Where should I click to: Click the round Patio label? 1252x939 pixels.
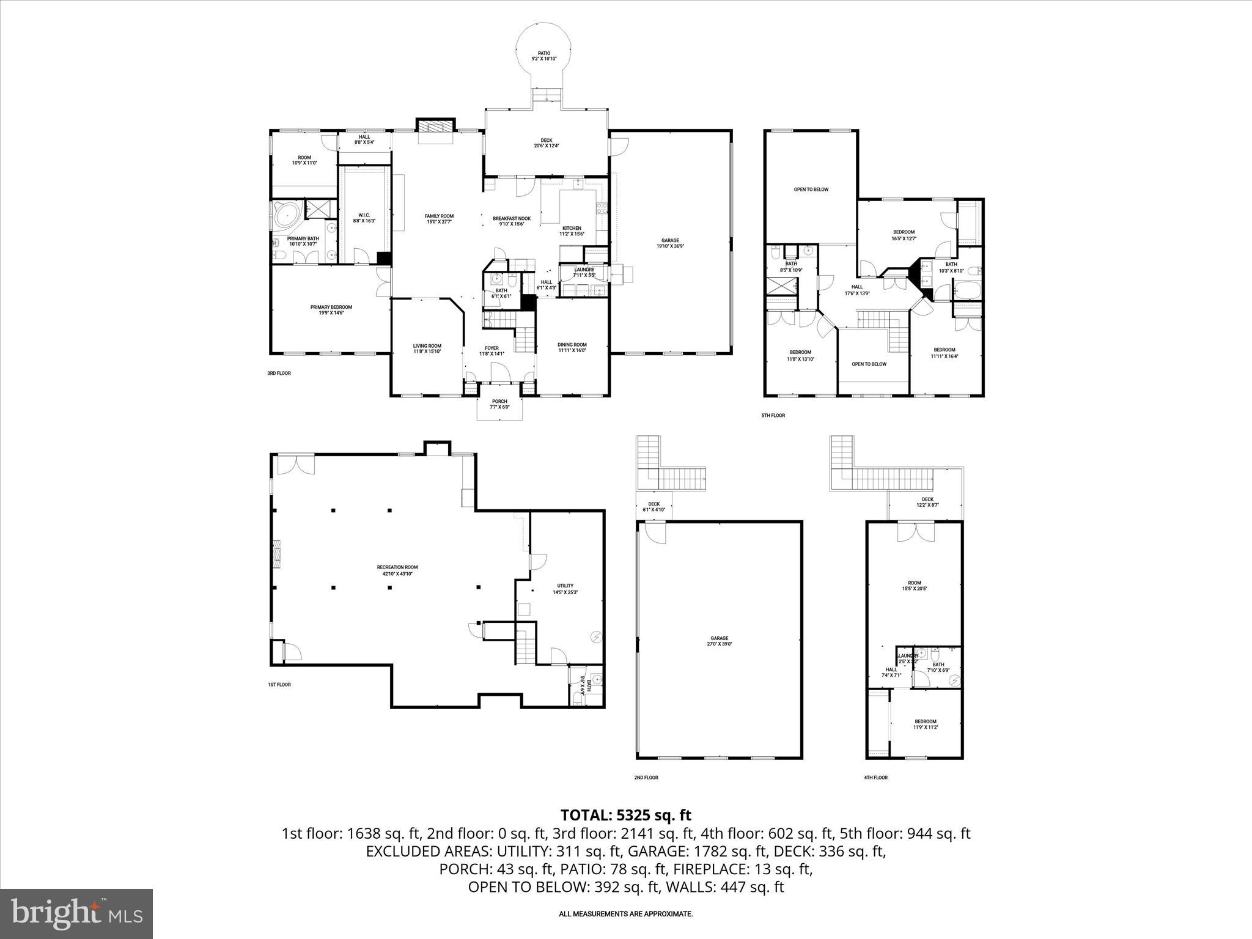click(543, 56)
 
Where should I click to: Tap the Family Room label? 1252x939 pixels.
click(440, 219)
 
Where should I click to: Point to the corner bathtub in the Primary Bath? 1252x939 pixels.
click(285, 215)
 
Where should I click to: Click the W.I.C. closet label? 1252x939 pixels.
click(364, 218)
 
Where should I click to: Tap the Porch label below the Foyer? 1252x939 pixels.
click(499, 404)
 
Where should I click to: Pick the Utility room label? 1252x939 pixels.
click(565, 589)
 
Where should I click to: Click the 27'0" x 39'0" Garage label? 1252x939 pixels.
click(719, 641)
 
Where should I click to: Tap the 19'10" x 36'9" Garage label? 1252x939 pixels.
click(670, 243)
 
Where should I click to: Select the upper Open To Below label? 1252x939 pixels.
click(811, 190)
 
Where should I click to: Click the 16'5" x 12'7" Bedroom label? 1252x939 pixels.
click(904, 235)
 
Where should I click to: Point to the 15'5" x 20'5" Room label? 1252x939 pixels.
click(914, 586)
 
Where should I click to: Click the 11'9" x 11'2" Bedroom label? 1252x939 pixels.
click(925, 724)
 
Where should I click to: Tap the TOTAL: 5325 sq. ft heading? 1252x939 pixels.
click(625, 815)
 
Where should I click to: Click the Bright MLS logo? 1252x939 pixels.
click(76, 913)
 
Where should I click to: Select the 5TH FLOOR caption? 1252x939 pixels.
click(773, 416)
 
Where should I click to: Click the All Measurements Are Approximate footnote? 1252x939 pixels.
click(625, 914)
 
